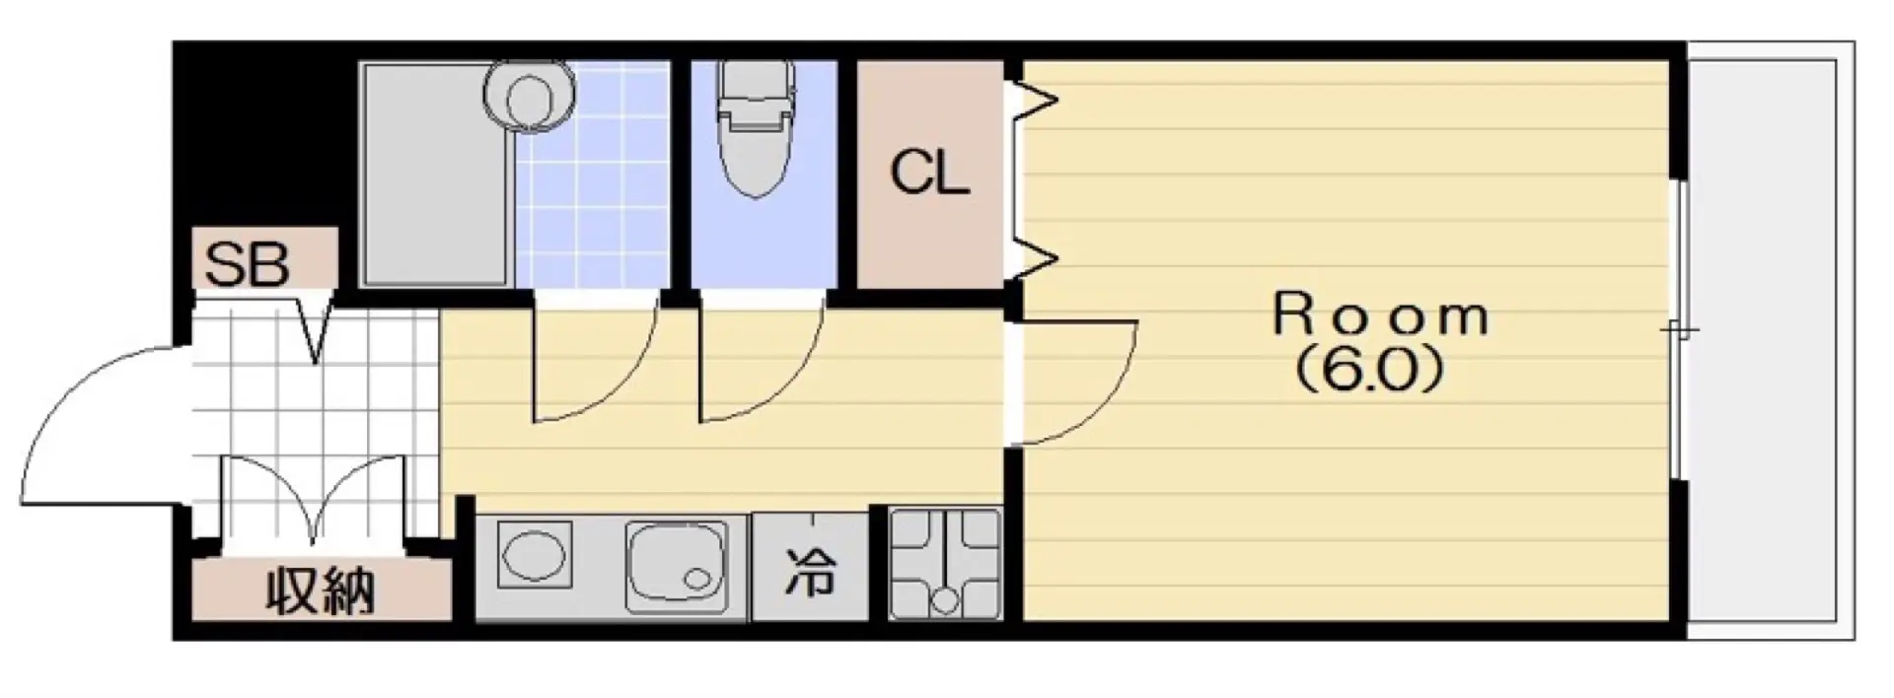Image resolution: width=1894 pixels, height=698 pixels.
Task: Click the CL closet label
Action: point(929,174)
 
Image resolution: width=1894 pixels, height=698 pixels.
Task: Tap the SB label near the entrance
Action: point(247,263)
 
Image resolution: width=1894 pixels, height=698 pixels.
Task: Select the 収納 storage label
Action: point(321,592)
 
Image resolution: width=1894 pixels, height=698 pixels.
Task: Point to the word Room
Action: point(1380,315)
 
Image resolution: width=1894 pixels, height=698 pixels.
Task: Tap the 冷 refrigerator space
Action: point(811,570)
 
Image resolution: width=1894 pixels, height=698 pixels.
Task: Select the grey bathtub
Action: point(435,174)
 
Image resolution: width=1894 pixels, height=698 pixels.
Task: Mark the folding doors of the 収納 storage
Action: point(314,503)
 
